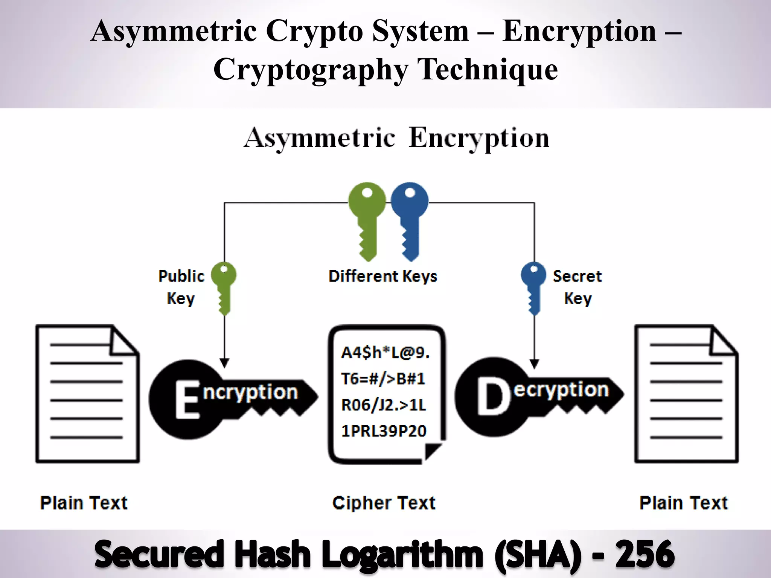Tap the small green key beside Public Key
[x=224, y=286]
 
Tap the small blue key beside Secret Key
[x=533, y=286]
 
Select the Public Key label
[x=181, y=287]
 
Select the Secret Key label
[x=577, y=287]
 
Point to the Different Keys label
[x=383, y=276]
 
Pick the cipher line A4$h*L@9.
[x=385, y=353]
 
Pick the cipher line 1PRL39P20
[x=384, y=431]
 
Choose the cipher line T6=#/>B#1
[x=383, y=379]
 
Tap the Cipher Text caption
[x=384, y=503]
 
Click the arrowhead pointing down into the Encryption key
[x=224, y=363]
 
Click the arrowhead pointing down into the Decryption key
[x=534, y=364]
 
